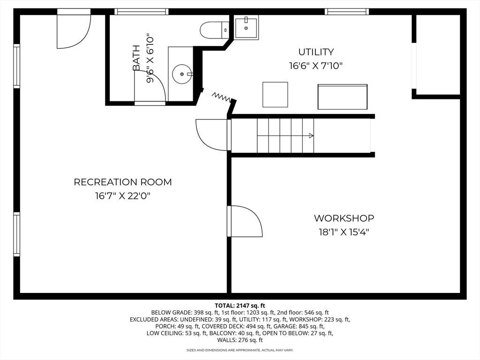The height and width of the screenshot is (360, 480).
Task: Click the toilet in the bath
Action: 215,30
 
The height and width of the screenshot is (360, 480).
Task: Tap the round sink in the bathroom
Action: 182,74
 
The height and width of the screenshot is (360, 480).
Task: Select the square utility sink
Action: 247,27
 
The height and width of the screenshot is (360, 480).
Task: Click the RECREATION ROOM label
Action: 123,182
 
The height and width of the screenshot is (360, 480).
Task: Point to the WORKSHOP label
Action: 344,218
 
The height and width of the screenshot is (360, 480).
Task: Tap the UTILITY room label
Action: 316,52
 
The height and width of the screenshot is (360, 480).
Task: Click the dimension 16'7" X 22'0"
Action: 123,196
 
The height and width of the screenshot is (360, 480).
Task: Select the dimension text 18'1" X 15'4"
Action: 344,232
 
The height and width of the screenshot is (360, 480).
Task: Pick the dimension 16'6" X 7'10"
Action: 315,66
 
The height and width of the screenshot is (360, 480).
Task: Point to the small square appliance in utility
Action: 275,95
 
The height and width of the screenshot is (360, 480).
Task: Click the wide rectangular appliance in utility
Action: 342,97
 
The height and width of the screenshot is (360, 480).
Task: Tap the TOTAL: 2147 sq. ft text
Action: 240,306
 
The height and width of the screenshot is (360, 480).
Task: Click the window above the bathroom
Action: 142,12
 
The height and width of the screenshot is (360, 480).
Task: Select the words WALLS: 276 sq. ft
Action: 240,340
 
